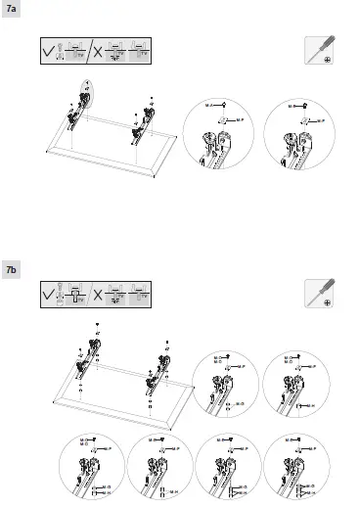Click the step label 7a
[x=12, y=9]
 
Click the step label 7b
[x=12, y=268]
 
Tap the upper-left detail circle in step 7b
[x=227, y=385]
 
